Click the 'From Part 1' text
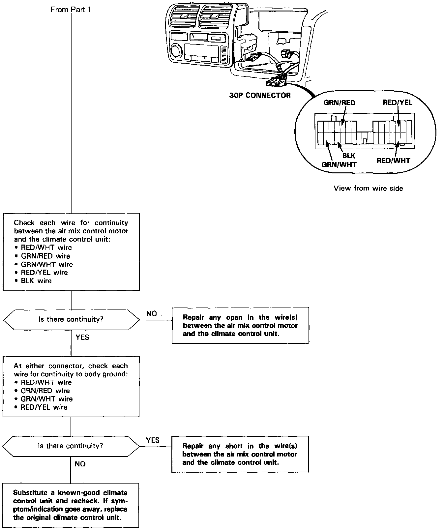(70, 10)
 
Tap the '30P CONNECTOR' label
(260, 96)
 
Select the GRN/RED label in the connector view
(339, 103)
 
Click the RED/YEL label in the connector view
(397, 102)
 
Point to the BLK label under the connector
(349, 156)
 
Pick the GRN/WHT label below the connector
(339, 164)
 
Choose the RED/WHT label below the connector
(393, 161)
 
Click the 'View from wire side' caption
(368, 189)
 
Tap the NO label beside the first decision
(152, 313)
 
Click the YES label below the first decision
(82, 337)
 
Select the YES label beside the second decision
(153, 440)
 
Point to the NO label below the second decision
(80, 464)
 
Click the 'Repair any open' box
(240, 326)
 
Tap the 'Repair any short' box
(240, 454)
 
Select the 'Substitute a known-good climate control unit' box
(70, 505)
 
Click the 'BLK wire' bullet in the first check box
(36, 281)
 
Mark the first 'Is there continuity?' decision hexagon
(71, 319)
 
